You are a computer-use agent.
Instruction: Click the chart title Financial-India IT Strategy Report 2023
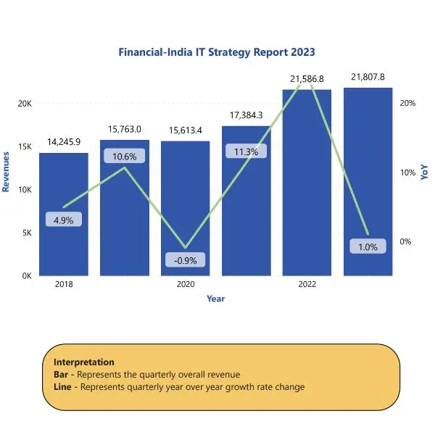click(x=217, y=52)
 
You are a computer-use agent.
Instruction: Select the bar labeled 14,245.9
click(x=64, y=215)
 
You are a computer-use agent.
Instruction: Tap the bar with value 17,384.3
click(x=247, y=201)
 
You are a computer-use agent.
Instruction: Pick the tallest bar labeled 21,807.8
click(x=368, y=182)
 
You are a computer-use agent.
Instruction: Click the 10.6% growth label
click(x=125, y=156)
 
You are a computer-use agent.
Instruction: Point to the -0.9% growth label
click(x=185, y=260)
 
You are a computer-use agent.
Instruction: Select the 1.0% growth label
click(x=368, y=246)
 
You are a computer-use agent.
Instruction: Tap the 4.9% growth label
click(x=64, y=220)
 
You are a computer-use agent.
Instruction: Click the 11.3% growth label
click(x=247, y=151)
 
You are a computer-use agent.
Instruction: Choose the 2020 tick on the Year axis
click(x=186, y=284)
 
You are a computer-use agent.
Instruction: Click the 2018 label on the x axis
click(x=64, y=284)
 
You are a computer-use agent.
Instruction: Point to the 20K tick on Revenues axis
click(x=25, y=104)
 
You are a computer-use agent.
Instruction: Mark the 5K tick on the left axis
click(x=27, y=233)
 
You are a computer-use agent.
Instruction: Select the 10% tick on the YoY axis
click(x=407, y=172)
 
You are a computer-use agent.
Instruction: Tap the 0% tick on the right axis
click(x=405, y=241)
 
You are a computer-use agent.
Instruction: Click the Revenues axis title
click(x=6, y=172)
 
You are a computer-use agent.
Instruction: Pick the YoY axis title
click(x=424, y=172)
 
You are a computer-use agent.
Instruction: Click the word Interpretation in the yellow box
click(x=84, y=362)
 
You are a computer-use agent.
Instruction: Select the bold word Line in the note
click(x=62, y=387)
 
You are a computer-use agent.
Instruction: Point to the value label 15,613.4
click(x=185, y=130)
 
